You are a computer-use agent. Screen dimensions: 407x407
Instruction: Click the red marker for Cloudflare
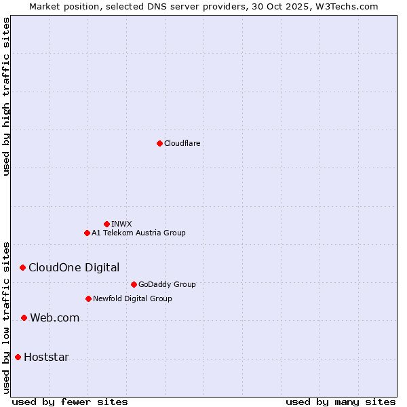[x=159, y=143]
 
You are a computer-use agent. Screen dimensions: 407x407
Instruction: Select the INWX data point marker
[x=106, y=224]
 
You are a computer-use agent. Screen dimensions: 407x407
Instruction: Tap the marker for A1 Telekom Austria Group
[x=87, y=233]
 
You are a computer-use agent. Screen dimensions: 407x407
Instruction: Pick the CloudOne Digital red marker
[x=22, y=267]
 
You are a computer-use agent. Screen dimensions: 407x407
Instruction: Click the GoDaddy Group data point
[x=134, y=284]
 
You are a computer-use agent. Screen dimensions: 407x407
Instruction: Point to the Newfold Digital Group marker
[x=88, y=298]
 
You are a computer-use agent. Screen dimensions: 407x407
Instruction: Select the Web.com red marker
[x=24, y=317]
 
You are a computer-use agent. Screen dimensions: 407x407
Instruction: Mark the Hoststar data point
[x=18, y=357]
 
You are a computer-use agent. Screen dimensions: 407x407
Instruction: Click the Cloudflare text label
[x=182, y=143]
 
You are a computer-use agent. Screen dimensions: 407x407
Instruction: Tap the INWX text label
[x=122, y=224]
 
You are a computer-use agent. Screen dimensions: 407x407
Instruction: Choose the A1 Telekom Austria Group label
[x=138, y=233]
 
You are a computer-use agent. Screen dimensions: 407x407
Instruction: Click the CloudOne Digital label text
[x=74, y=267]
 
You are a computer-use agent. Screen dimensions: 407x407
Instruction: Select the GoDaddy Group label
[x=167, y=284]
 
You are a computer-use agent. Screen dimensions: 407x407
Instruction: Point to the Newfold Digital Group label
[x=132, y=298]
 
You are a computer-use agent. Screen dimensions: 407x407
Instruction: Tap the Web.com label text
[x=55, y=317]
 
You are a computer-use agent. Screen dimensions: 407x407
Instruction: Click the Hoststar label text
[x=46, y=357]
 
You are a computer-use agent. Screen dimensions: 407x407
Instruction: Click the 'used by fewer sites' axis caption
[x=70, y=402]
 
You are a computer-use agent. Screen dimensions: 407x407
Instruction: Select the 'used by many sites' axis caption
[x=341, y=402]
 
